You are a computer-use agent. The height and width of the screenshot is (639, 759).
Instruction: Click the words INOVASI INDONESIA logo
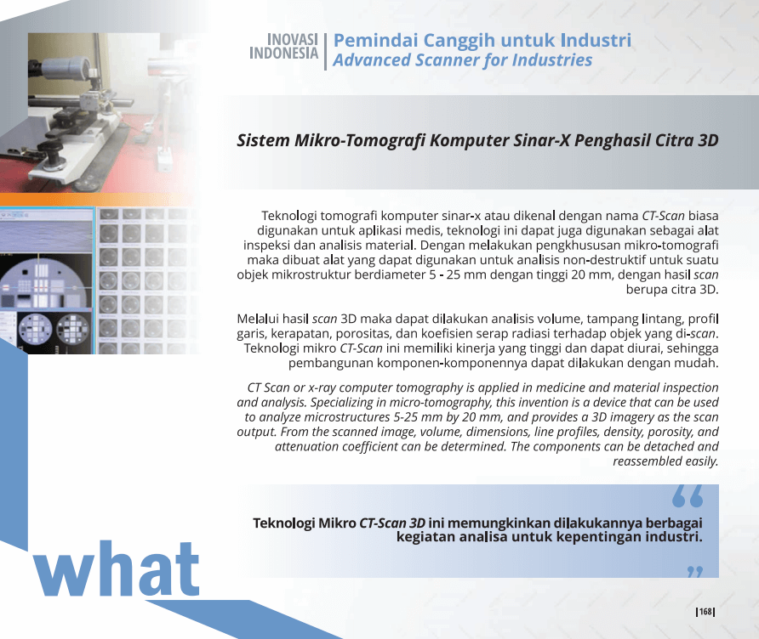coord(284,47)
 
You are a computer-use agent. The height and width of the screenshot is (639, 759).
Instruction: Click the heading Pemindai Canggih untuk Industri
coord(482,40)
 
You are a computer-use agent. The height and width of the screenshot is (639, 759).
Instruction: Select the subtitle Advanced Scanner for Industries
coord(462,60)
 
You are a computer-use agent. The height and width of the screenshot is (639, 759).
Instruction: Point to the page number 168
coord(705,612)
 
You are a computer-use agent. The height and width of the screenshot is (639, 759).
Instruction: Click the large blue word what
coord(117,569)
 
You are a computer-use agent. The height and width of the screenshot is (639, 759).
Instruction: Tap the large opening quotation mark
coord(688,497)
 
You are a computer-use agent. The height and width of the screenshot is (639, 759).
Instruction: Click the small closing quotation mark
coord(695,572)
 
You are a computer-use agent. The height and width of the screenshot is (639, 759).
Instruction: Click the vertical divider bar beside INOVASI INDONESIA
coord(325,52)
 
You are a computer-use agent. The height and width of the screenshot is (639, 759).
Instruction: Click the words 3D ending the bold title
coord(708,140)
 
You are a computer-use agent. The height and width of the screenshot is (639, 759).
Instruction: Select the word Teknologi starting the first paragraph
coord(289,216)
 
